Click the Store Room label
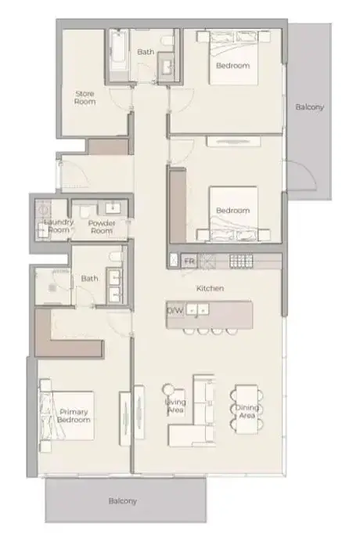coord(85,98)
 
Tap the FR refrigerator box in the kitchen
coord(189,262)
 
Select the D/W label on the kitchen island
coord(175,311)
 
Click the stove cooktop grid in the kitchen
coord(241,261)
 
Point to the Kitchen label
coord(211,288)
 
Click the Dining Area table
coord(247,410)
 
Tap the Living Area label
coord(175,406)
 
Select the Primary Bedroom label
coord(74,416)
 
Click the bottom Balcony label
coord(122,501)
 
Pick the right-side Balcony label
coord(310,107)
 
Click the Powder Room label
coord(102,227)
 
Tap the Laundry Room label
coord(59,226)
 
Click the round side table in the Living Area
coord(169,389)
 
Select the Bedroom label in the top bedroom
coord(232,65)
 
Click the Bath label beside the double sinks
coord(89,278)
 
